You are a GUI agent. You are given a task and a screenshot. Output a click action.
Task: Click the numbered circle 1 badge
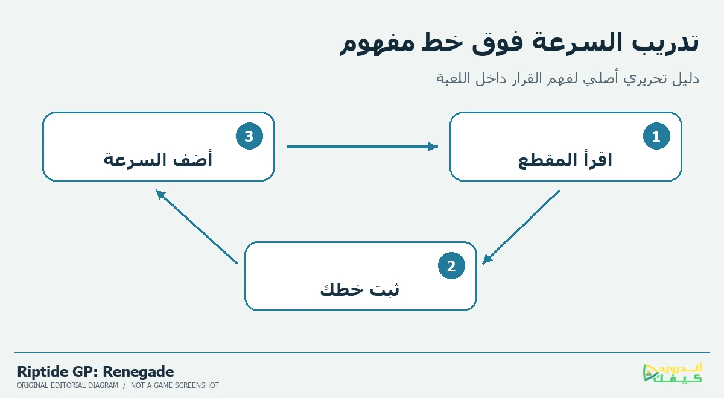(656, 136)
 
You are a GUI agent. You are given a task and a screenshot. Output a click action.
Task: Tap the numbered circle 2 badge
(451, 265)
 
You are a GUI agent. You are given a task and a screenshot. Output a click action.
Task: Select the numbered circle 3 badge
(249, 136)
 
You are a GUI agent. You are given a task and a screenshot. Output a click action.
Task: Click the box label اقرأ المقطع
(565, 160)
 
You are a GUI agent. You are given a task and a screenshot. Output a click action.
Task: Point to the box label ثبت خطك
(360, 289)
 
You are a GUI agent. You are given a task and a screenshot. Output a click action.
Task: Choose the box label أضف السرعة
(157, 160)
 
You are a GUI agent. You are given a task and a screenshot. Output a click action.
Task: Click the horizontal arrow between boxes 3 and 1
(363, 147)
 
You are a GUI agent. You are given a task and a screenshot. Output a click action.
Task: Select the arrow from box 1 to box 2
(521, 227)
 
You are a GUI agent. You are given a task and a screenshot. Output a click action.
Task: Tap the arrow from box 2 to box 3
(197, 227)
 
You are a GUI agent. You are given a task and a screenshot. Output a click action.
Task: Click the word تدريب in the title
(665, 43)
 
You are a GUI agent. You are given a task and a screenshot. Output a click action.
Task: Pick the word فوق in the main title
(497, 43)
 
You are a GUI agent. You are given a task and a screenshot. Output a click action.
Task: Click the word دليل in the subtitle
(686, 78)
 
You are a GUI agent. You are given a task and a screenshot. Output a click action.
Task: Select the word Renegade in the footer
(138, 372)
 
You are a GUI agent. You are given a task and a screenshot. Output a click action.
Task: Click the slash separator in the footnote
(124, 385)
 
